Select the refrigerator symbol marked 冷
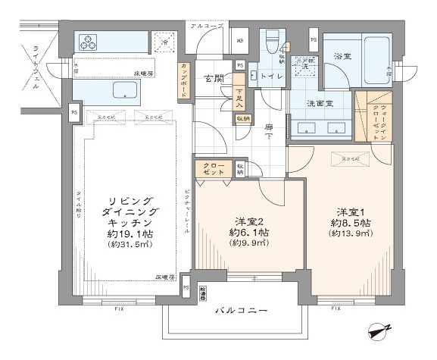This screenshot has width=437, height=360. point(163,43)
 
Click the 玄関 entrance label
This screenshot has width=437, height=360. point(212,78)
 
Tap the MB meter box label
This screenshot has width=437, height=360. point(240,40)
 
